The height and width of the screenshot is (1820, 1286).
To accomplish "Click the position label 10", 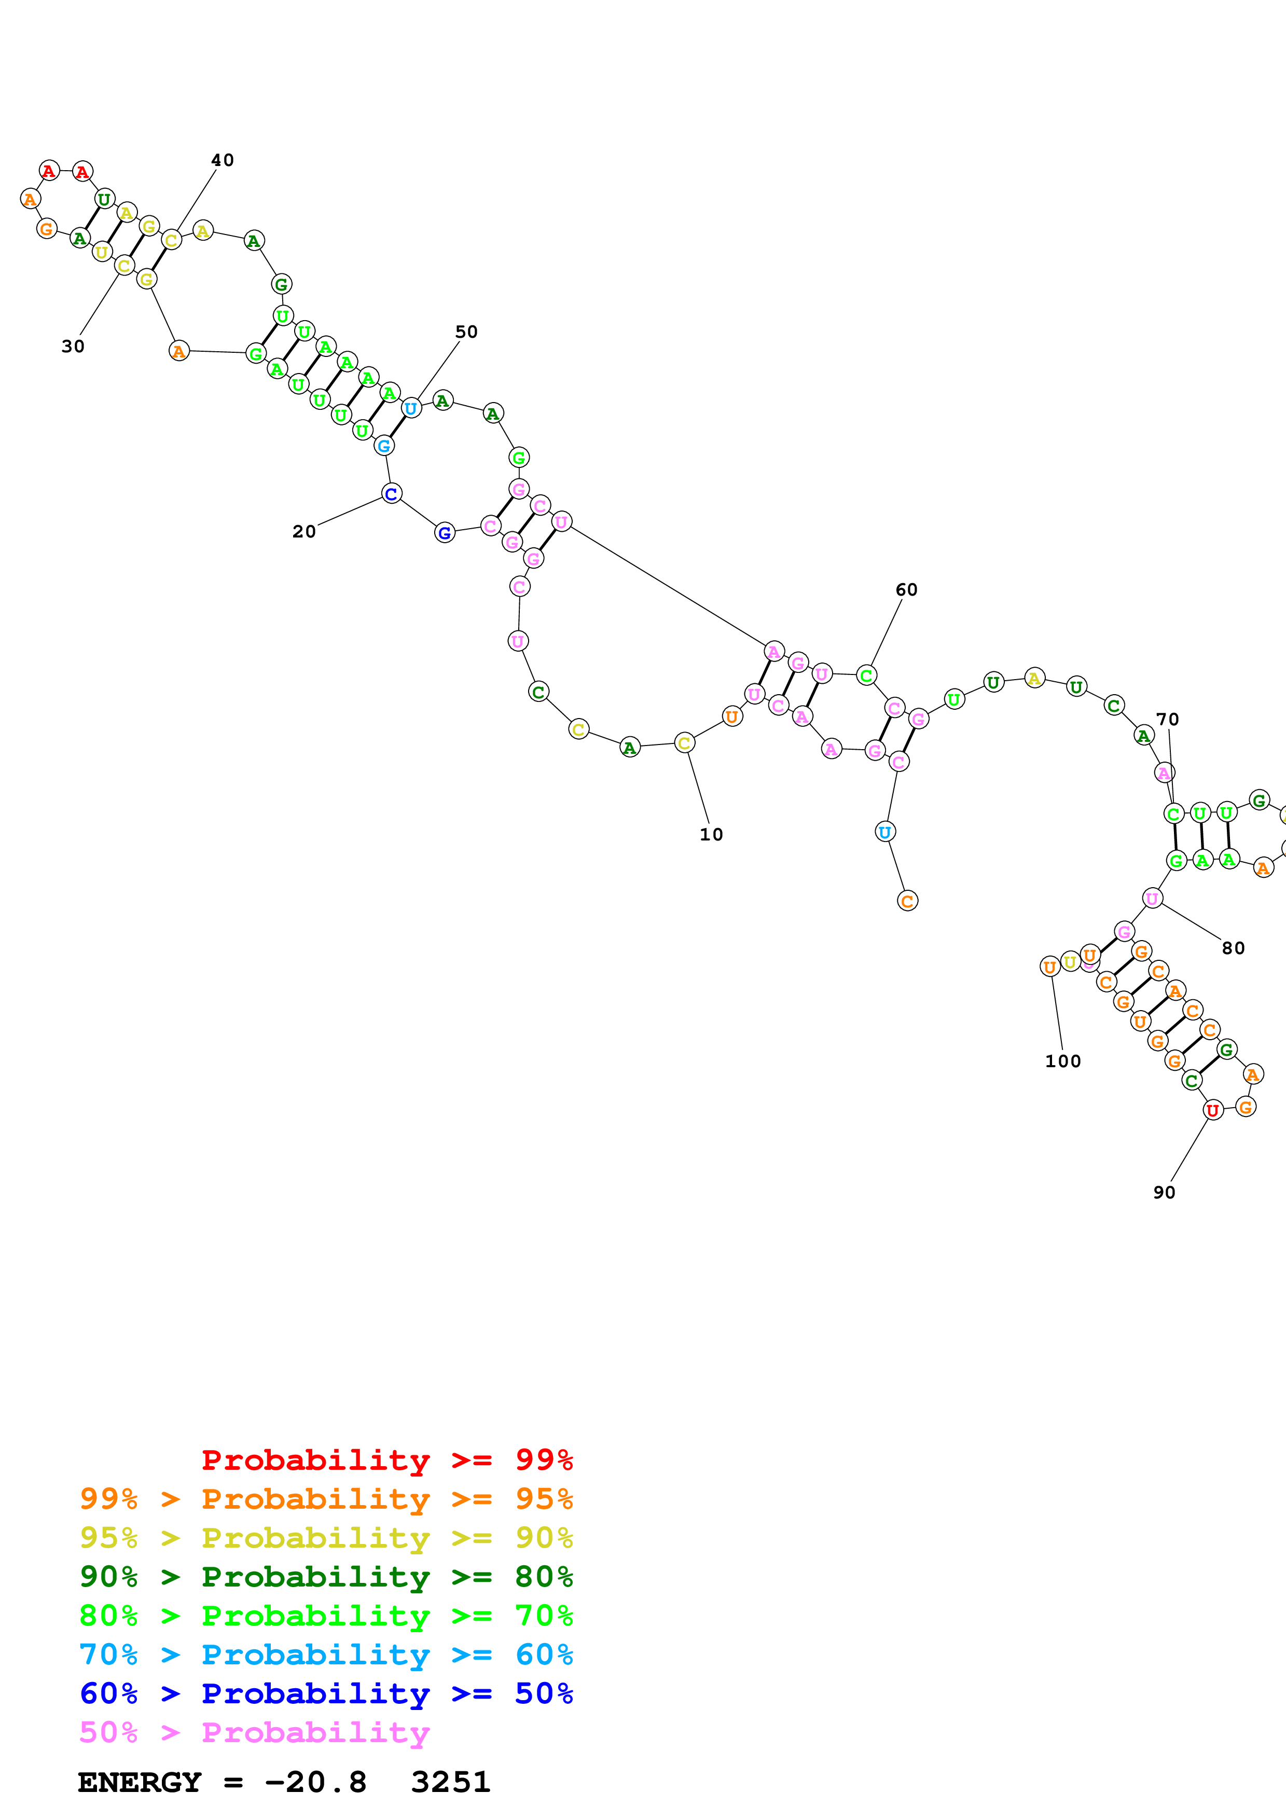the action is coord(711,835).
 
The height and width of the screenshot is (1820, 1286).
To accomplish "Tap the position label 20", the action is coord(305,532).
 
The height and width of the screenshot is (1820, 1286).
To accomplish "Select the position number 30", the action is coord(73,347).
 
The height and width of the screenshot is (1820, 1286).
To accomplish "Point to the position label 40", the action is coord(223,160).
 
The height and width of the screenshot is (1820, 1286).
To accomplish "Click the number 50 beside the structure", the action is coord(467,332).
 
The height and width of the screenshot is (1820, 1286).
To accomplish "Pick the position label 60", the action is coord(906,590).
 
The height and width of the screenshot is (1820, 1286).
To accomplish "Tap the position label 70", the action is coord(1167,719).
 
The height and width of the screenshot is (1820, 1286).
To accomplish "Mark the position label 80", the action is coord(1233,948).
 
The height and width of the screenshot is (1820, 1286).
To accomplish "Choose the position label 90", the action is coord(1164,1192).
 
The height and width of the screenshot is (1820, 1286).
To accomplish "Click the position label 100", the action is coord(1062,1061).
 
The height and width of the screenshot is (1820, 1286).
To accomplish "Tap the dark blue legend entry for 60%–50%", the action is coord(326,1693).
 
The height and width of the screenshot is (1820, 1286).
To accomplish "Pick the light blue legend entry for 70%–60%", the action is coord(326,1654).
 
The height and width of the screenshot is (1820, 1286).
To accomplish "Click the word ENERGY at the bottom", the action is coord(140,1782).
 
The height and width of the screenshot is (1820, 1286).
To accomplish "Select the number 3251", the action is coord(451,1782).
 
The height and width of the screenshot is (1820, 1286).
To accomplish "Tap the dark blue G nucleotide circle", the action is coord(445,533).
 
